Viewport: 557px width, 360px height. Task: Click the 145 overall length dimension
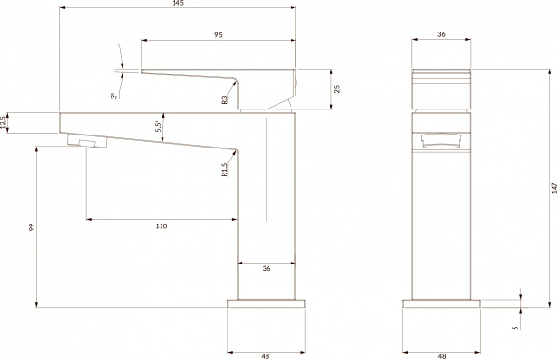tap(177, 5)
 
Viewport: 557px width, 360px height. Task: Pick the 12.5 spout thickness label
tap(5, 122)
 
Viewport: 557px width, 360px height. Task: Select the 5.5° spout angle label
tap(160, 123)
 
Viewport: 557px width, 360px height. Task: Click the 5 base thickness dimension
tap(515, 327)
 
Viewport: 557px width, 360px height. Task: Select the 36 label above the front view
tap(442, 33)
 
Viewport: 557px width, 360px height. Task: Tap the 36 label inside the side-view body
tap(266, 269)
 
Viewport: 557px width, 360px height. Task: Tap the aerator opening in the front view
tap(441, 141)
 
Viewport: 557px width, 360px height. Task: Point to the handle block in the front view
tap(442, 90)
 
